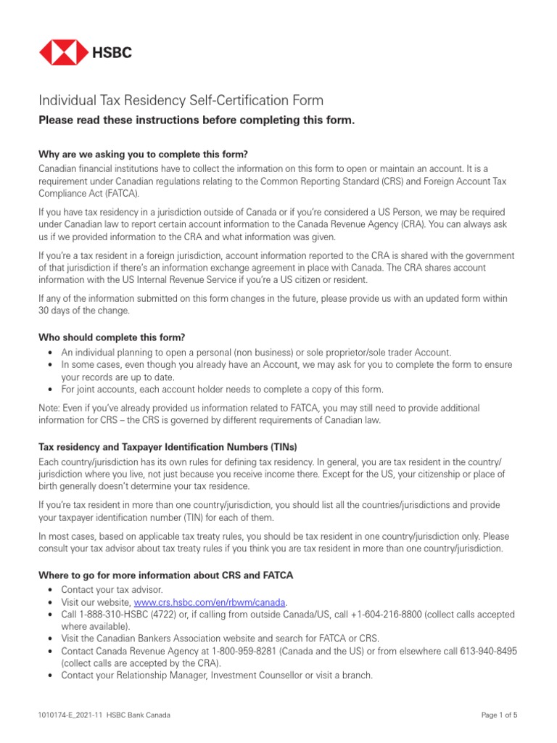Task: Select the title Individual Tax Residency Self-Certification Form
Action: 181,100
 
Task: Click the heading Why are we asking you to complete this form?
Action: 143,155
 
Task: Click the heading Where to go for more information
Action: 166,575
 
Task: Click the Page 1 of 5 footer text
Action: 500,715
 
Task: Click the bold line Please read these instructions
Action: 197,120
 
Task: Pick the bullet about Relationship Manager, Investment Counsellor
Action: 216,675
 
